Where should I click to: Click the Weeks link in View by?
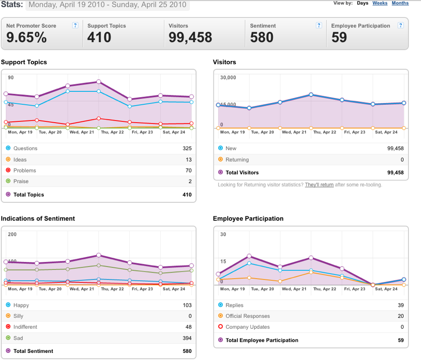(x=380, y=3)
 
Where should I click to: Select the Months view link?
(x=400, y=3)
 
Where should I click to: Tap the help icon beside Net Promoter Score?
(x=75, y=25)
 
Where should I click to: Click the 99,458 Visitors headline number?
(x=190, y=37)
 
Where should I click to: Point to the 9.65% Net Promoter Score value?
(x=26, y=37)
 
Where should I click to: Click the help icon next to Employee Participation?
(x=400, y=25)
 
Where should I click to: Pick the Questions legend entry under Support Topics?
(x=25, y=148)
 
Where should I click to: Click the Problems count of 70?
(x=188, y=170)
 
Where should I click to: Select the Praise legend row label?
(x=21, y=181)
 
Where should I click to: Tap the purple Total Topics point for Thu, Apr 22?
(x=98, y=81)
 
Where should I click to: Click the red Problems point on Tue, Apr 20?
(x=37, y=120)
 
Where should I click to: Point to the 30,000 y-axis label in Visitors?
(x=228, y=77)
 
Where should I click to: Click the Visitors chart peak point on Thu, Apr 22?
(x=311, y=94)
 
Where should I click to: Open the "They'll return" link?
(x=319, y=185)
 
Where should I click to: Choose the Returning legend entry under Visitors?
(x=237, y=159)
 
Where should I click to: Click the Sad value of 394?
(x=187, y=338)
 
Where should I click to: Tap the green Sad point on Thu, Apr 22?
(x=98, y=266)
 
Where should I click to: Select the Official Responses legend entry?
(x=247, y=316)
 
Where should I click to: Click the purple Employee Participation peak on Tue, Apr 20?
(x=249, y=256)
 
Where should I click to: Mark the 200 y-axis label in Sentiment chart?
(x=12, y=234)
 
